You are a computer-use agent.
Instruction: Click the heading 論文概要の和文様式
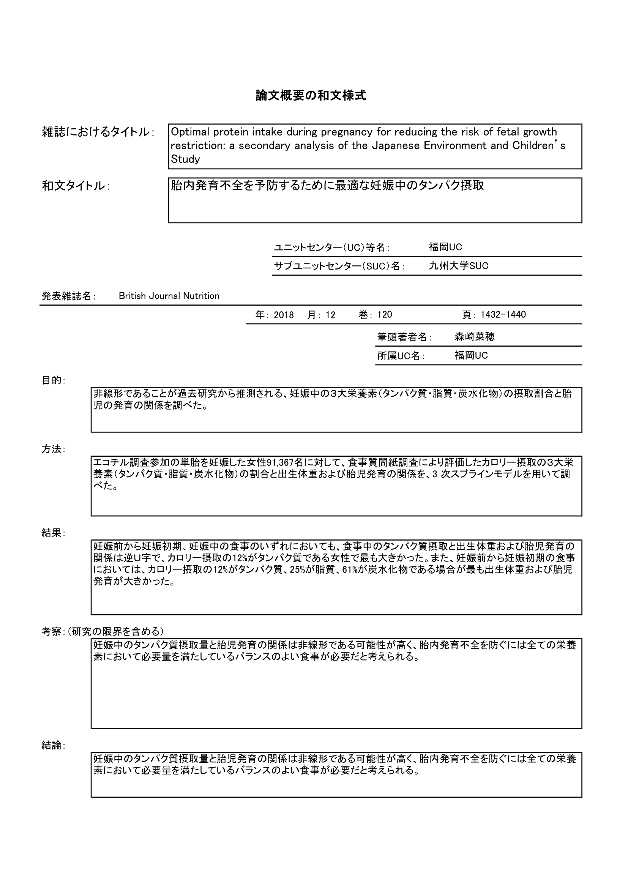tap(311, 96)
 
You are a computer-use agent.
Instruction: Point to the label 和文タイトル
tap(76, 186)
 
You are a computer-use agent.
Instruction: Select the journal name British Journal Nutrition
tap(169, 296)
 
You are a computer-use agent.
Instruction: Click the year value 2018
tap(284, 315)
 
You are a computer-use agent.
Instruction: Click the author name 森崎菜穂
tap(475, 336)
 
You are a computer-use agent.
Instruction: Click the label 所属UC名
tap(400, 356)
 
